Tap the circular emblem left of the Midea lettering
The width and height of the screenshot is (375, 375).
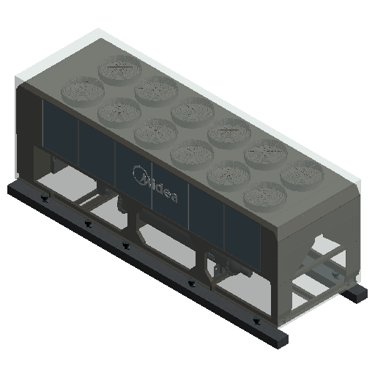tap(139, 174)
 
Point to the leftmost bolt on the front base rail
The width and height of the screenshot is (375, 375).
tap(45, 199)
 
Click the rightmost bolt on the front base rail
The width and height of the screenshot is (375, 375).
tap(256, 321)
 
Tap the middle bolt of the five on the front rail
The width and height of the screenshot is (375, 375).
tap(125, 245)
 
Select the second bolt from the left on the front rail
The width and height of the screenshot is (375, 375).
tap(88, 223)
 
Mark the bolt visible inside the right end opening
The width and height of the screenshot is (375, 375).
tap(335, 275)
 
